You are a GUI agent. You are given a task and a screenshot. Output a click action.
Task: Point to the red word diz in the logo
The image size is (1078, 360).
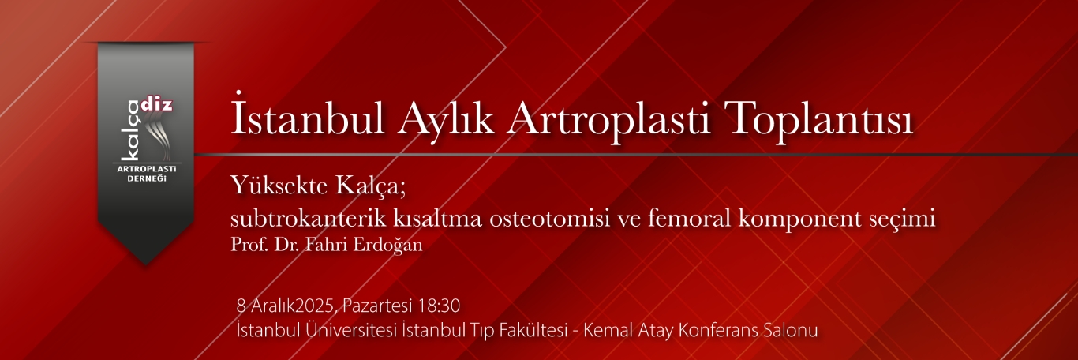(x=159, y=103)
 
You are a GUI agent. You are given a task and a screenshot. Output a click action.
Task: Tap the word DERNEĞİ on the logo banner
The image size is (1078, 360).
(x=145, y=178)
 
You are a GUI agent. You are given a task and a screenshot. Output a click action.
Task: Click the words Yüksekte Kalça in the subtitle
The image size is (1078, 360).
(x=322, y=187)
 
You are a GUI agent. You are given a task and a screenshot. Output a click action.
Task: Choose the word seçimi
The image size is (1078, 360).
(x=908, y=219)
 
